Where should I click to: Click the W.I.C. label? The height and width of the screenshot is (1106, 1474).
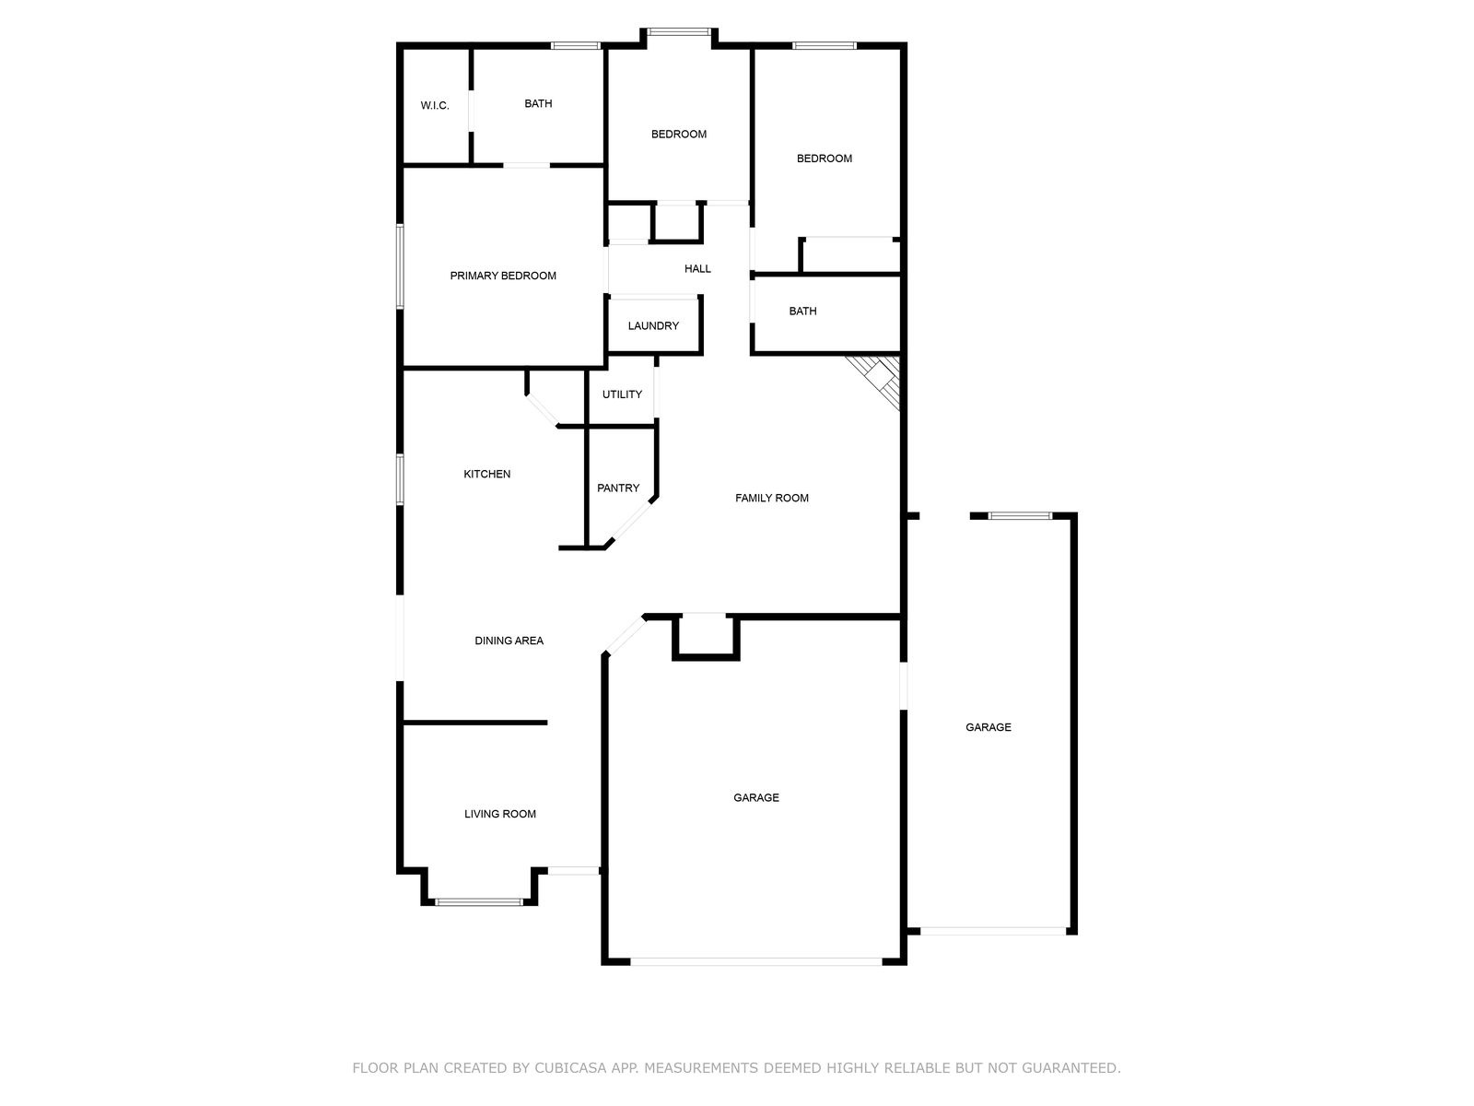[435, 106]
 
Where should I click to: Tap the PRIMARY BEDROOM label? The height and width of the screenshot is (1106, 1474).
[503, 276]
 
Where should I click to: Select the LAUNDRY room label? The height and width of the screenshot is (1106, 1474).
[653, 326]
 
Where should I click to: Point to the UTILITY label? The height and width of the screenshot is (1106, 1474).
[622, 394]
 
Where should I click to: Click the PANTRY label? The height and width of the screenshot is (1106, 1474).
[618, 488]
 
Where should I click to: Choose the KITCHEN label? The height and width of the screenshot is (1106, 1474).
[486, 475]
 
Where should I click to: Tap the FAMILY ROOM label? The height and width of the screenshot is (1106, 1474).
[772, 499]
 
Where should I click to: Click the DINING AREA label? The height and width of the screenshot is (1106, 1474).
[509, 641]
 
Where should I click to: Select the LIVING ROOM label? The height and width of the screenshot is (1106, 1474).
[500, 814]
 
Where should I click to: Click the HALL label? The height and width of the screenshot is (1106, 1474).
[697, 269]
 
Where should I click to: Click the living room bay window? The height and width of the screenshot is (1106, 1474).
[479, 901]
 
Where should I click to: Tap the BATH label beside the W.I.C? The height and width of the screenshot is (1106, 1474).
[538, 104]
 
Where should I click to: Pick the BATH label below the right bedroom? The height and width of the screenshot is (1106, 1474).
[802, 312]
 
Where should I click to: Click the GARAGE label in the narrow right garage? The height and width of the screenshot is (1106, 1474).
[989, 727]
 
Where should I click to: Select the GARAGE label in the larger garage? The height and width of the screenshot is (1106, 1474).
[756, 798]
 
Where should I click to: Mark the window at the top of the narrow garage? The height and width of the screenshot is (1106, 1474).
[1019, 515]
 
